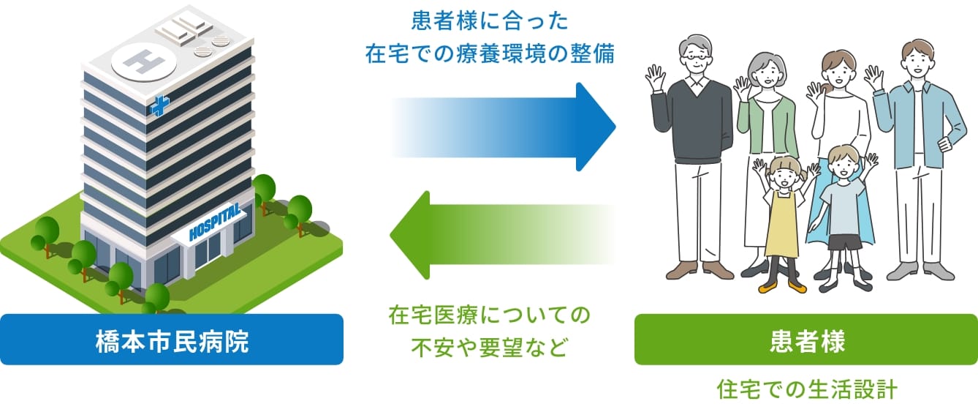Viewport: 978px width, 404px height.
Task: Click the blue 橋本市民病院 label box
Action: coord(172,340)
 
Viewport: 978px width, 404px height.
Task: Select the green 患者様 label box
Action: coord(805,340)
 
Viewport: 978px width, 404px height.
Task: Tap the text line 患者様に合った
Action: coord(490,20)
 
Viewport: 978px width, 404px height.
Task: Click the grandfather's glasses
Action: coord(695,56)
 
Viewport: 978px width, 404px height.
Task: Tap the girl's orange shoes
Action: coord(782,288)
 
